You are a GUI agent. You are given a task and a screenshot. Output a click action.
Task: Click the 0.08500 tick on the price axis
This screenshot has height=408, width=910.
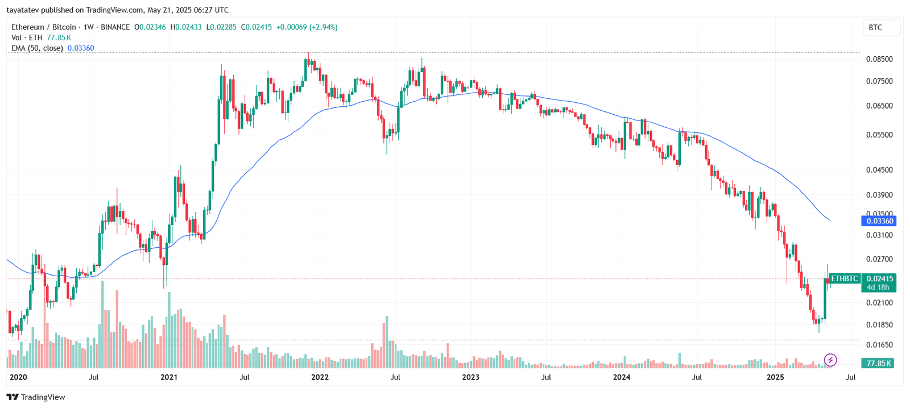[x=879, y=59]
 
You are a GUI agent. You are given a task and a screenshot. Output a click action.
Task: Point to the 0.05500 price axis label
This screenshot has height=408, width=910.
[x=879, y=135]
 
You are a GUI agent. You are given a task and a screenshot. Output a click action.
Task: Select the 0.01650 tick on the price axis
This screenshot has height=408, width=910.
[x=879, y=345]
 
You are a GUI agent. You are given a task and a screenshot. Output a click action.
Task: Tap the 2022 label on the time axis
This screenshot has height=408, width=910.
[x=320, y=377]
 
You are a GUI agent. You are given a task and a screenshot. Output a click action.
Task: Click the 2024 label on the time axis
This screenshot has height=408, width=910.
[x=622, y=377]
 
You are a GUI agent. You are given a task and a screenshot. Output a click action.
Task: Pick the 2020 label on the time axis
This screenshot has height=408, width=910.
[x=19, y=377]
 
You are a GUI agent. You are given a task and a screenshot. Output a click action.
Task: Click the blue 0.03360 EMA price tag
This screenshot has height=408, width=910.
[x=879, y=221]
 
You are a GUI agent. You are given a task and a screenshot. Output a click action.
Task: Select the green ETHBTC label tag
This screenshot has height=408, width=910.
[x=845, y=279]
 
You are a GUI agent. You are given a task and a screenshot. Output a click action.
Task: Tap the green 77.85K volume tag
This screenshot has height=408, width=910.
[x=878, y=363]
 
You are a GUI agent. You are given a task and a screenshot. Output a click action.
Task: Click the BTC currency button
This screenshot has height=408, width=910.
[x=876, y=28]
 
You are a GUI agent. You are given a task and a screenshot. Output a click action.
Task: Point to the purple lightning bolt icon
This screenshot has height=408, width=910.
[x=830, y=360]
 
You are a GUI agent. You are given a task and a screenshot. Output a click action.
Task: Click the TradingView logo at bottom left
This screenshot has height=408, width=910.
[x=36, y=397]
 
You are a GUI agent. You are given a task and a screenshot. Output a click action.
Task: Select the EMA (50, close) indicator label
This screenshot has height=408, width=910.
[x=37, y=48]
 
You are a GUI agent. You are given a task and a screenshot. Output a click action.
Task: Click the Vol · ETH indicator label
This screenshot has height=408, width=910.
[x=27, y=38]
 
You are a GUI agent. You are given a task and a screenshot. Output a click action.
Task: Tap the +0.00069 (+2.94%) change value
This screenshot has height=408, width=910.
[x=307, y=27]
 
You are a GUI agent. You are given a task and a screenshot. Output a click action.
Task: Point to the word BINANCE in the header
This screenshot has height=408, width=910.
[x=115, y=27]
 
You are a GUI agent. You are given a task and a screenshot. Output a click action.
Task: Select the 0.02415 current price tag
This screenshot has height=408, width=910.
[x=879, y=278]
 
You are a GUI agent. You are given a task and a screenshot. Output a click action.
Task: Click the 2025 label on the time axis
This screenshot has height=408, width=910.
[x=775, y=377]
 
